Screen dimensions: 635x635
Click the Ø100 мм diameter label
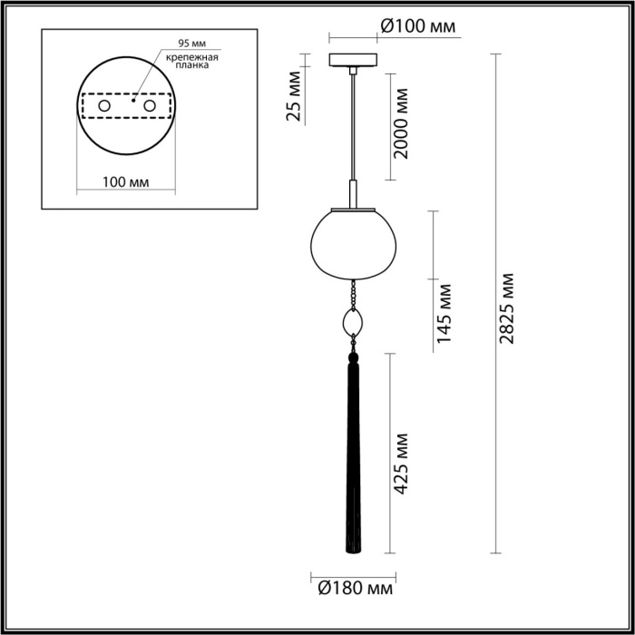point(417,28)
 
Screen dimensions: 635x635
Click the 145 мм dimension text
point(444,313)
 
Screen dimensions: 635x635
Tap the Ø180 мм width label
point(353,590)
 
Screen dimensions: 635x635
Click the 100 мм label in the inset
point(126,182)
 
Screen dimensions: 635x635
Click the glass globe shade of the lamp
point(352,242)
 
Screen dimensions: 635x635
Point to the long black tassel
point(353,454)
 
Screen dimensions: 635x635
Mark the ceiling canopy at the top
point(353,62)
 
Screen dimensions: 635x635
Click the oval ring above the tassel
point(353,321)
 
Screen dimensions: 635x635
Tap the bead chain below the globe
point(352,292)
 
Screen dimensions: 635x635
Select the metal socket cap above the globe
point(353,193)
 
